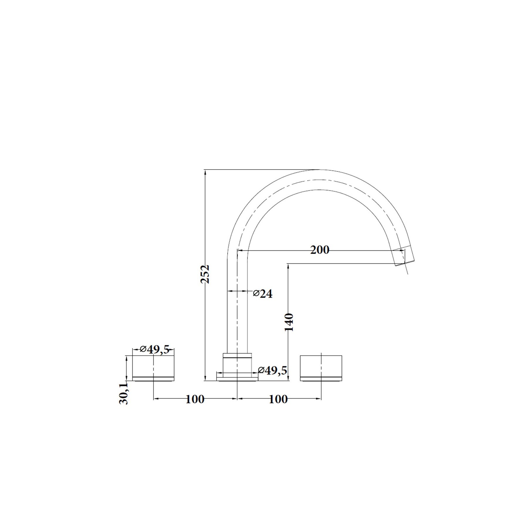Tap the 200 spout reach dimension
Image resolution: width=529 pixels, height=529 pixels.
[320, 250]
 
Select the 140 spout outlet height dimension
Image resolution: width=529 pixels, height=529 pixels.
[289, 322]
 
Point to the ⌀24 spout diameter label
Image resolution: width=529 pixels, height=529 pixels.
[263, 294]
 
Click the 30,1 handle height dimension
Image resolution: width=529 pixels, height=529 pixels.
[124, 394]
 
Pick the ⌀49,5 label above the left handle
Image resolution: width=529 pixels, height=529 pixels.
[155, 349]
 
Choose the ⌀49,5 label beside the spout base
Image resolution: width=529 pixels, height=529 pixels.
[272, 370]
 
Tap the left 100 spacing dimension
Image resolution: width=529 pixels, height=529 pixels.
[195, 399]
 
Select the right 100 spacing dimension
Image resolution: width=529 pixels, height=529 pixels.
[278, 399]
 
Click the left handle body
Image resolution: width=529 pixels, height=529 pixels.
[153, 368]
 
